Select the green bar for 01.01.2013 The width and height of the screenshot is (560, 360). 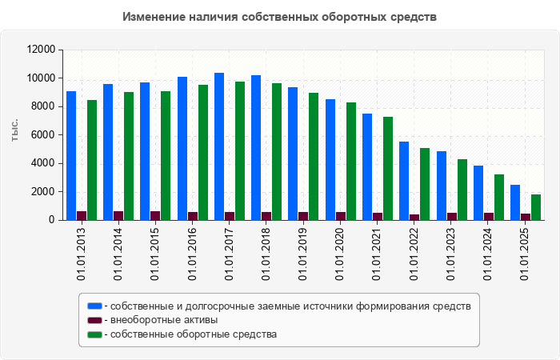pyautogui.click(x=92, y=160)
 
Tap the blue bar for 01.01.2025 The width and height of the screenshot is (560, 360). pyautogui.click(x=515, y=202)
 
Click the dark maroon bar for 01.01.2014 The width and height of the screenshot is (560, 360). pyautogui.click(x=118, y=215)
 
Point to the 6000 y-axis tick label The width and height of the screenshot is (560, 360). pyautogui.click(x=43, y=135)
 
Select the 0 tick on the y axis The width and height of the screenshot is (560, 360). pyautogui.click(x=51, y=220)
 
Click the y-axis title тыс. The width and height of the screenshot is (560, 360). pyautogui.click(x=14, y=130)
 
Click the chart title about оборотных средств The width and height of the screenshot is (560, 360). pyautogui.click(x=280, y=17)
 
